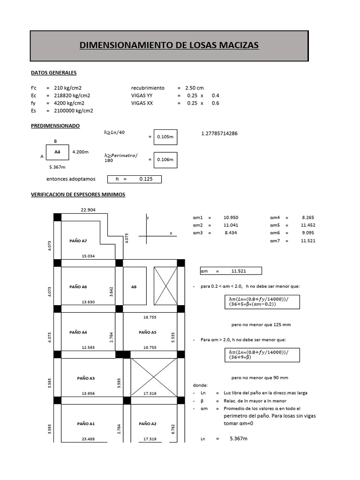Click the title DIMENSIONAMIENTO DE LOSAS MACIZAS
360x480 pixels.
[169, 45]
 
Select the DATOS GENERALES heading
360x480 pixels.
[53, 73]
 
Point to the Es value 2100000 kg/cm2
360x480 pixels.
[73, 111]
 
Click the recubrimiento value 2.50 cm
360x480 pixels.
[195, 88]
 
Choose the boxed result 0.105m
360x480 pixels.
[165, 137]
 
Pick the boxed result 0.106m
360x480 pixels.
[165, 160]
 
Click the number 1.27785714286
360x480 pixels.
[219, 134]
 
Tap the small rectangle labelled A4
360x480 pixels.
[57, 152]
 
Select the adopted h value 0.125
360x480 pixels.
[147, 179]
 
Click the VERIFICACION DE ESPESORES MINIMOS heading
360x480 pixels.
[78, 194]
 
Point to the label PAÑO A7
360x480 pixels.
[78, 241]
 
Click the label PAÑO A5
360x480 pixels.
[148, 332]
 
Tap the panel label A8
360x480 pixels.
[134, 286]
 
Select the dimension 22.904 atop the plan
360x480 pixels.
[88, 210]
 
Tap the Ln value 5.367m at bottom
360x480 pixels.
[239, 438]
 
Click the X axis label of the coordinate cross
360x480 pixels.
[171, 233]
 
